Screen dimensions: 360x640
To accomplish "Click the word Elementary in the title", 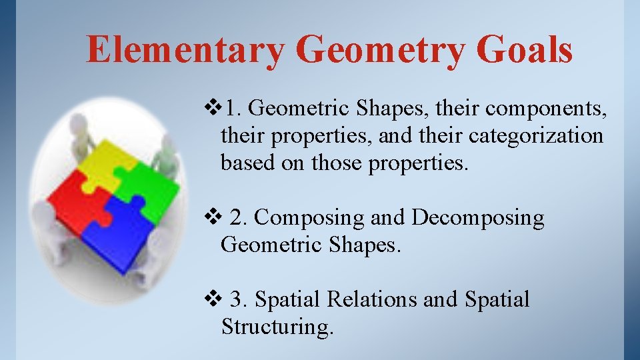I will tap(185, 50).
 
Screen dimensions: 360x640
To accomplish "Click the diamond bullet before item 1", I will tap(213, 107).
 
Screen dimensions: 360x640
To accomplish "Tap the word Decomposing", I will tap(477, 218).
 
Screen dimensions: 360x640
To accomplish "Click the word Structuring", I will tap(277, 327).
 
